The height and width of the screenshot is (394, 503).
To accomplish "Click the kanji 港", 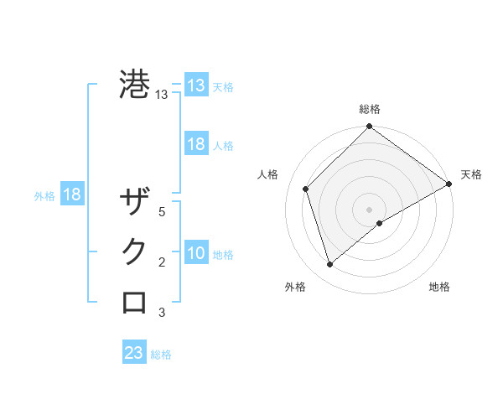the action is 135,85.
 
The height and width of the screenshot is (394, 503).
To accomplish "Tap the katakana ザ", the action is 135,202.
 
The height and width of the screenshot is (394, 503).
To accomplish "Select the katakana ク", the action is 135,252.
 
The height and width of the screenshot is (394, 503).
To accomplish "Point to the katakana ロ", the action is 135,302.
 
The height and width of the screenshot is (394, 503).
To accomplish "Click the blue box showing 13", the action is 196,86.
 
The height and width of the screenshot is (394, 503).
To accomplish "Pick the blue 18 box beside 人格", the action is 196,144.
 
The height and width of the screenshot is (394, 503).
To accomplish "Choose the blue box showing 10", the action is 196,253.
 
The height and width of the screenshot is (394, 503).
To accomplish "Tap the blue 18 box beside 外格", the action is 72,194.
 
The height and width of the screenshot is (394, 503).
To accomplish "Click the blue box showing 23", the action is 134,353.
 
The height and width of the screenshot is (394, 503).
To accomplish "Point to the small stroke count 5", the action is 162,212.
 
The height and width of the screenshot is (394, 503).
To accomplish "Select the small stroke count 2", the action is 162,262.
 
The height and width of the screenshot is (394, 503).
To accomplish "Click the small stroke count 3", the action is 162,313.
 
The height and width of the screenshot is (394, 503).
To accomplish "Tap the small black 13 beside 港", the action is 162,95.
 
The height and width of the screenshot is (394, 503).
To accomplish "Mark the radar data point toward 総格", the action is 369,127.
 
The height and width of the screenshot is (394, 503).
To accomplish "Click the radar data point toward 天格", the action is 449,184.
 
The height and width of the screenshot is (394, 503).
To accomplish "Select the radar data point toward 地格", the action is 380,223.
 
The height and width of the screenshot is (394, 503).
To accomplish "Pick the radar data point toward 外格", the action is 330,264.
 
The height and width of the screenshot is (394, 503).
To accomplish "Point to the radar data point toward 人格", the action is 306,189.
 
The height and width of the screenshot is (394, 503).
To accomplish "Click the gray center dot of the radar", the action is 369,209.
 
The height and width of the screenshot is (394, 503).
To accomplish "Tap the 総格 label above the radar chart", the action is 369,109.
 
